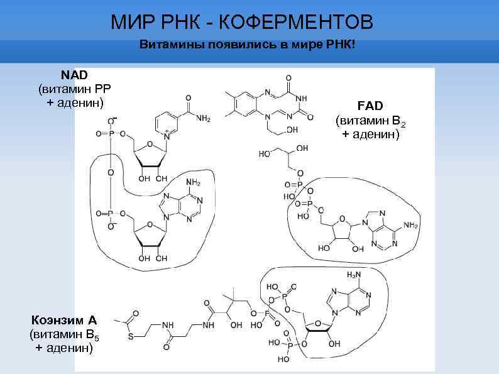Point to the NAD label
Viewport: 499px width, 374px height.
pos(75,75)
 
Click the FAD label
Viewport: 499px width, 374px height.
pos(370,104)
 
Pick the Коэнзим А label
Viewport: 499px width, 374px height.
pos(60,320)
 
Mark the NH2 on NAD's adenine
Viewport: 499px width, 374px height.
pos(193,183)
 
